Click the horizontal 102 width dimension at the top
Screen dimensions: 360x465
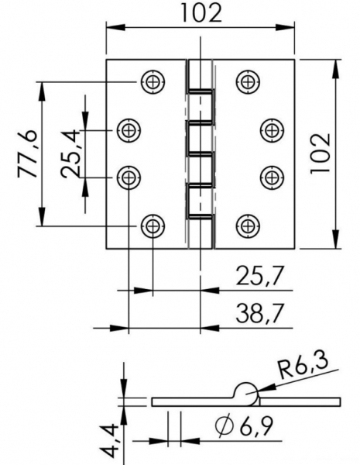201,13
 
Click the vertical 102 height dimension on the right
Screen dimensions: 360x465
320,154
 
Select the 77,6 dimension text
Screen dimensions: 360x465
28,154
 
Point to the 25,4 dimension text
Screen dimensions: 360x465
70,154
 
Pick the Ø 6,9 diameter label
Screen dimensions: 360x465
244,426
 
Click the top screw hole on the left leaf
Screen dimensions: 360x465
153,82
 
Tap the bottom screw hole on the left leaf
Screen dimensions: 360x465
153,226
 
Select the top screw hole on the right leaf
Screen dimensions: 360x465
248,82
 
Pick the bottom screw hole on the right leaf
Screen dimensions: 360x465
248,226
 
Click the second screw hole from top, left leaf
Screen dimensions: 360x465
129,130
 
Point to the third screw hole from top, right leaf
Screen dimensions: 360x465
272,178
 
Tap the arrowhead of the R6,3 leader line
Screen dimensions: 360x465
266,388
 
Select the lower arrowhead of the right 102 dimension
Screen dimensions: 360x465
335,239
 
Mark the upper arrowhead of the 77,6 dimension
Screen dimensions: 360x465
42,91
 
